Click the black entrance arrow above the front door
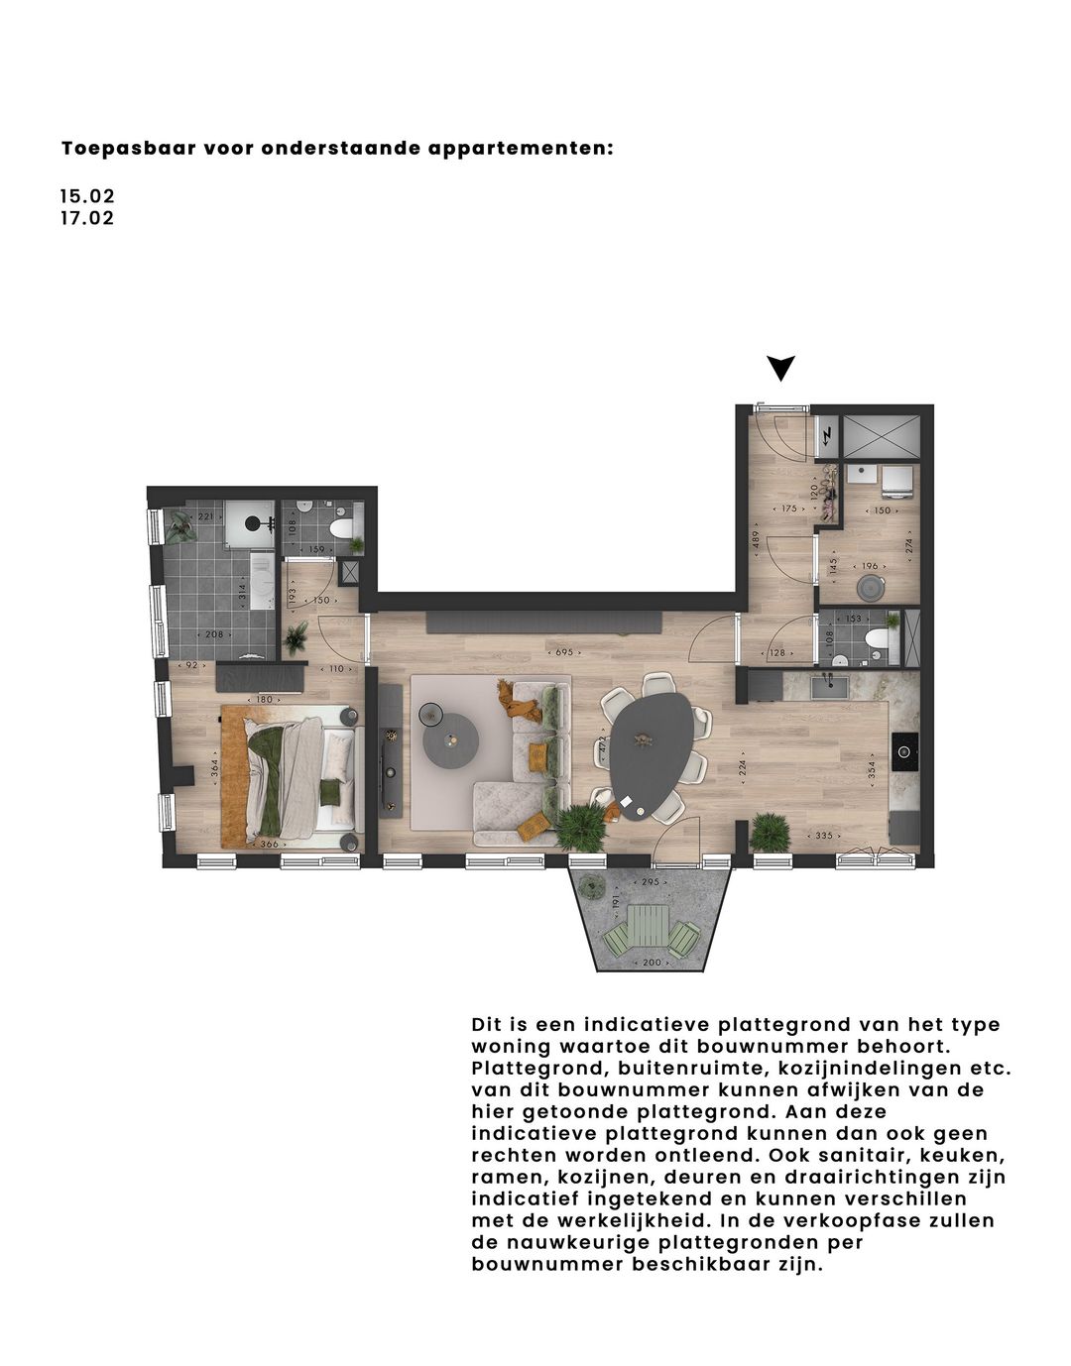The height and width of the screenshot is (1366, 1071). point(781,369)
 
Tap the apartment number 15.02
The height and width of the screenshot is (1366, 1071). point(87,197)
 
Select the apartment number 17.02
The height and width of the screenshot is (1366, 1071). point(87,218)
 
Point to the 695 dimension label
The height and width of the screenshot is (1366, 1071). point(564,652)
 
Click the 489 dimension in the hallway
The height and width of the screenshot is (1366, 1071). point(755,541)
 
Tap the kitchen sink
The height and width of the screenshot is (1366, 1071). point(825,685)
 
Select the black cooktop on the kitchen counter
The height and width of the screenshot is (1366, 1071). point(903,751)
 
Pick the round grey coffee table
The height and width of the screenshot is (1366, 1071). point(451,738)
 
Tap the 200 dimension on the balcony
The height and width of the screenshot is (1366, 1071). point(651,963)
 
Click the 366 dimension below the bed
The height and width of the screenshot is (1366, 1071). point(268,844)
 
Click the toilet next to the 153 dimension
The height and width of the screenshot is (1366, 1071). point(876,640)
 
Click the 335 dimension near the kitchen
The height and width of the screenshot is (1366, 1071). point(824,836)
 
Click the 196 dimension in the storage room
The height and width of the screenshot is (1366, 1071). point(870,566)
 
